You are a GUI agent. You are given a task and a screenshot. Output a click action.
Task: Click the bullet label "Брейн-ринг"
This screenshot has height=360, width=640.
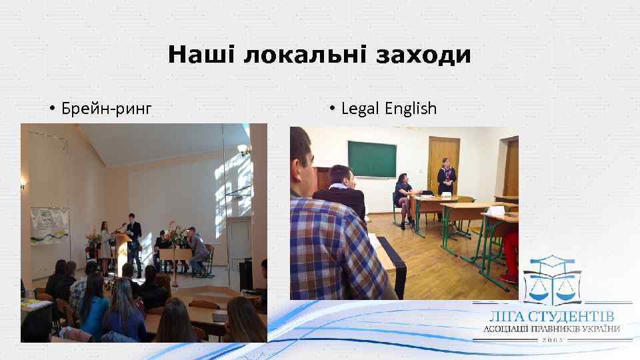pos(106,108)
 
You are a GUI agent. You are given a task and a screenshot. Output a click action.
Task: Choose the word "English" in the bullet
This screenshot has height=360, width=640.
pos(411,108)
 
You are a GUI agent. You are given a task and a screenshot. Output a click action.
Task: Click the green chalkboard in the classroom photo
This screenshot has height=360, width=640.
pos(372,159)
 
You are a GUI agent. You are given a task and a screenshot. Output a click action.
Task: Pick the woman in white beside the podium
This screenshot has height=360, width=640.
pos(105,243)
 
